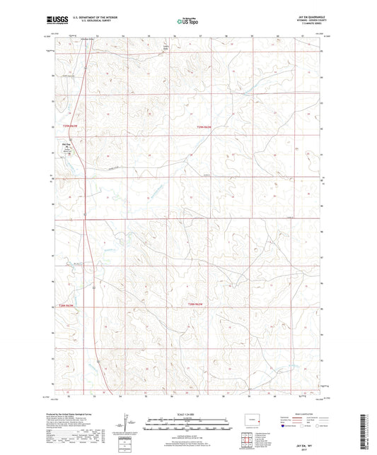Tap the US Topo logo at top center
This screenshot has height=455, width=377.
187,22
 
